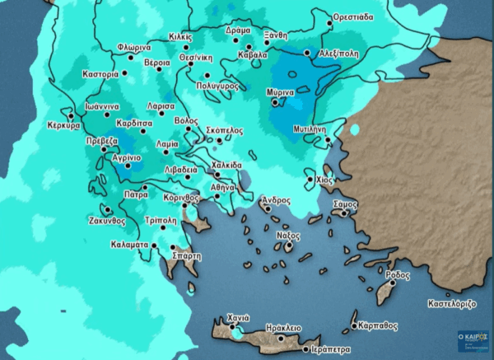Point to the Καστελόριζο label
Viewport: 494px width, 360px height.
(x=451, y=303)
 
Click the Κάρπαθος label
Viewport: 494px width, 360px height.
(x=380, y=325)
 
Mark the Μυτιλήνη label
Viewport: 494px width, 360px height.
(x=310, y=129)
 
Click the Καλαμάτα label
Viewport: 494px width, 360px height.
(x=128, y=245)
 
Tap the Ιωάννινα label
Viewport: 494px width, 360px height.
(x=91, y=106)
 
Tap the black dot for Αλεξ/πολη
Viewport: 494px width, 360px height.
(x=308, y=53)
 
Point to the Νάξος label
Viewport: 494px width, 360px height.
(x=286, y=235)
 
